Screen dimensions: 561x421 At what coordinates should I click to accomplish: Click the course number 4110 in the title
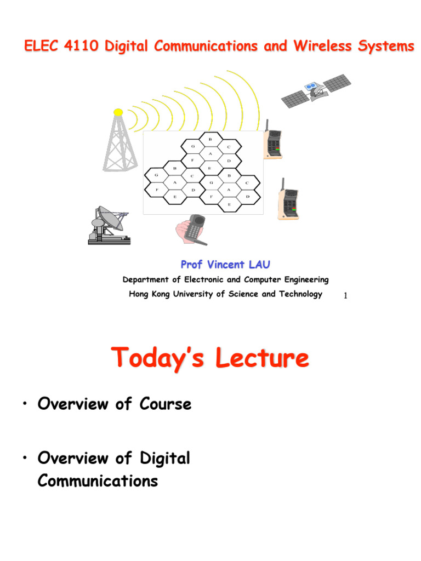82,47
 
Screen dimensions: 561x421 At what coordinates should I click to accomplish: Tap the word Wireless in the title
316,47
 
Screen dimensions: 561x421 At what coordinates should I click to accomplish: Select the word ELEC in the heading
41,47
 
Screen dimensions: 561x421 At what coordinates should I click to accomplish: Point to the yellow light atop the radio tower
118,112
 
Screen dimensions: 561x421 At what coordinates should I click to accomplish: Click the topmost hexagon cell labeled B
210,140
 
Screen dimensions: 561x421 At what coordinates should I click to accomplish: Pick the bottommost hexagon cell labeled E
230,204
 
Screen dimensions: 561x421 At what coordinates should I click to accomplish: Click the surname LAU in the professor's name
258,265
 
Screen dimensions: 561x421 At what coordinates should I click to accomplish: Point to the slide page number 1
345,296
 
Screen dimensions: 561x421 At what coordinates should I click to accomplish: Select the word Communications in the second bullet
98,482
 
